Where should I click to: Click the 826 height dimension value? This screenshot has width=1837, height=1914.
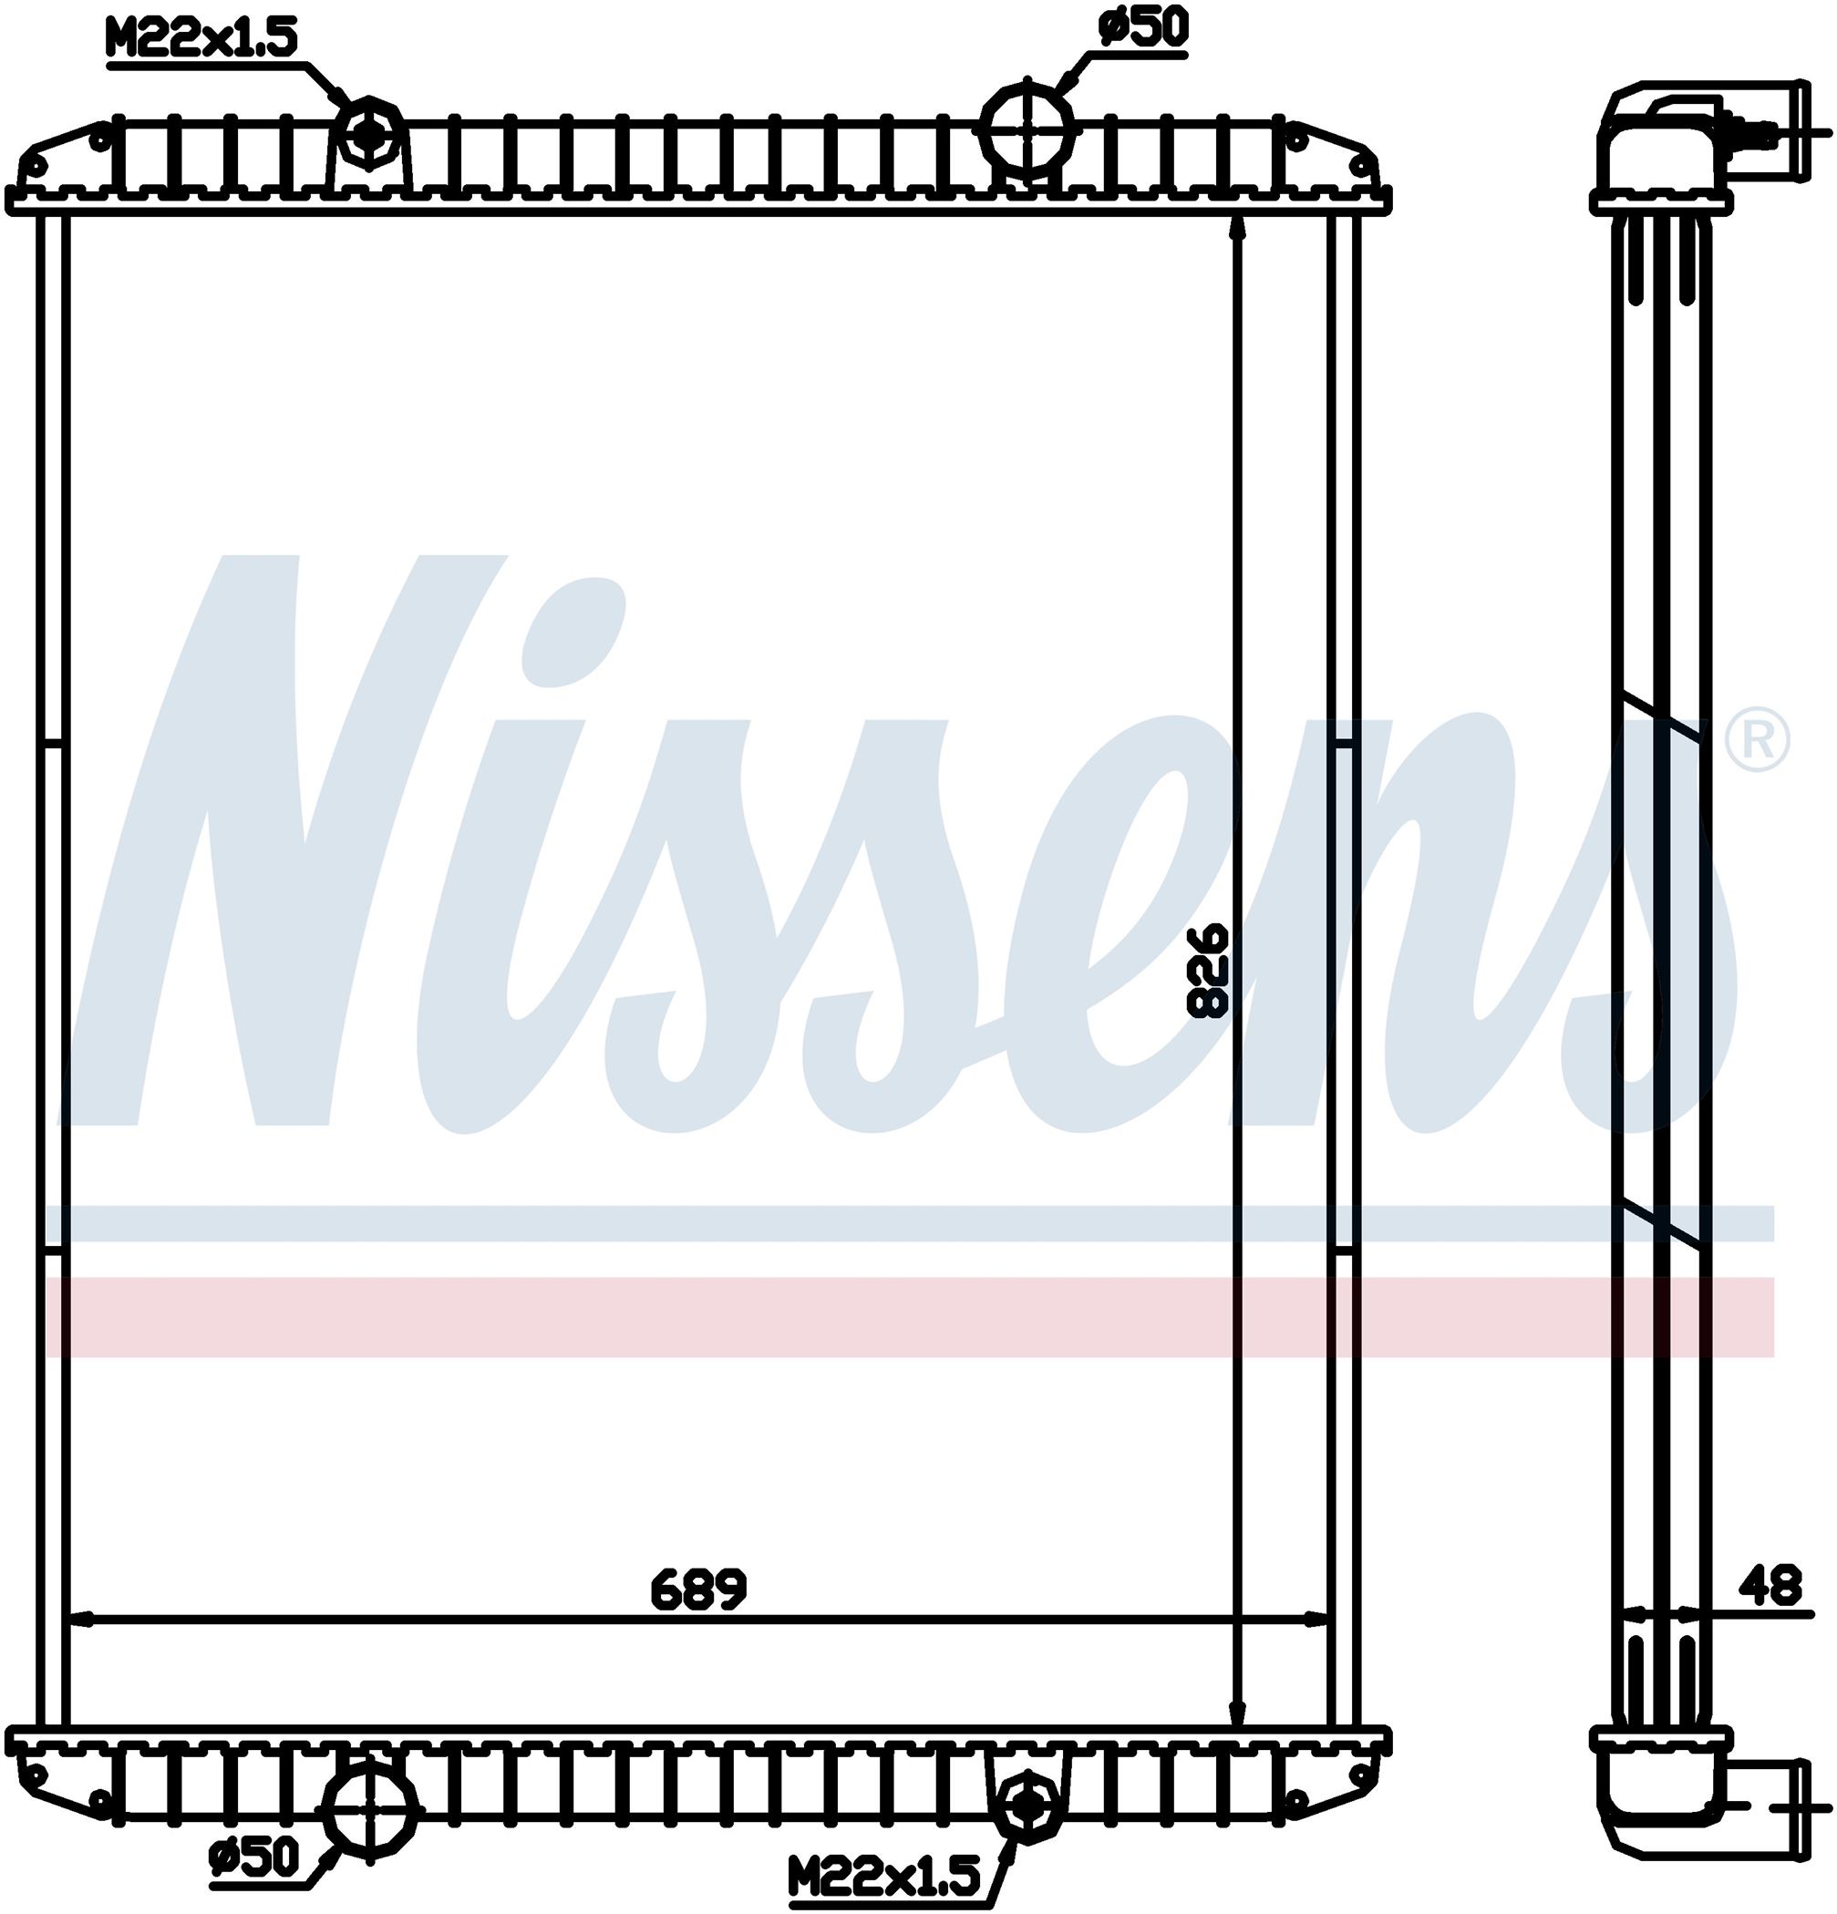[1208, 971]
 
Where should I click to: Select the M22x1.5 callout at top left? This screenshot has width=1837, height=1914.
[202, 42]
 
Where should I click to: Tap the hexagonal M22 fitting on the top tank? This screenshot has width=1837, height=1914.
[368, 134]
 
